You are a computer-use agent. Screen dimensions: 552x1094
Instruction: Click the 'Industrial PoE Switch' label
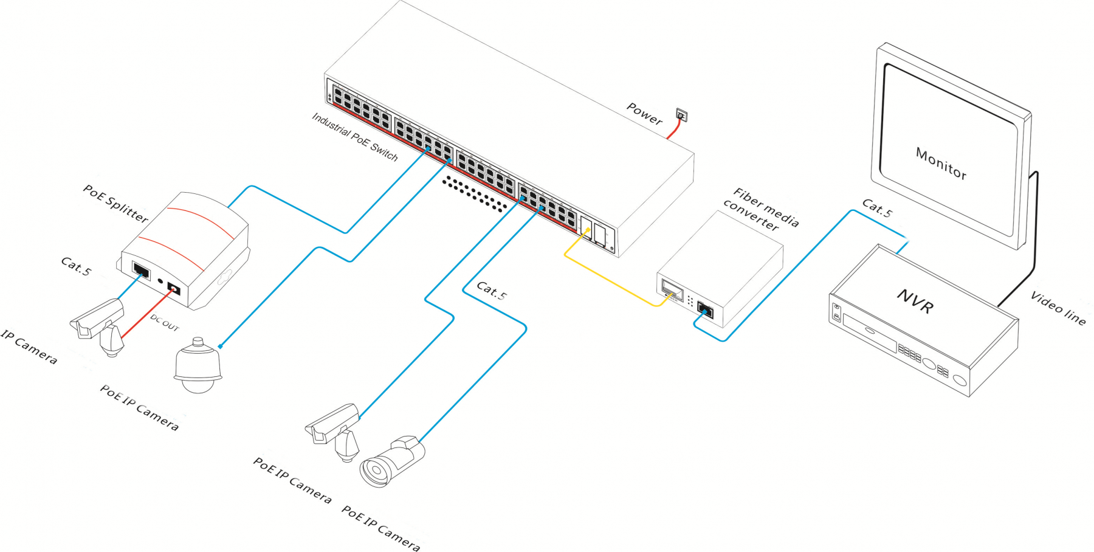354,137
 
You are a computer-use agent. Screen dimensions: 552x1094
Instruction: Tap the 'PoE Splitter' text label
115,203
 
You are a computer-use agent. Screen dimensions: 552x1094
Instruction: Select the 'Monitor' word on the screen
941,164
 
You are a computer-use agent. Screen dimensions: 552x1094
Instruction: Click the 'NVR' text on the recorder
915,300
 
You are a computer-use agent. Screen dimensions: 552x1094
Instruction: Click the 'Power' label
644,114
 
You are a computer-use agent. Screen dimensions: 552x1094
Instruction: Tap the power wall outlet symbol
681,114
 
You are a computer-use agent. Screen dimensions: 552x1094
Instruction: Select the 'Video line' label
1058,308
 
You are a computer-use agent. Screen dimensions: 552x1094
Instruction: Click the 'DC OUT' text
165,322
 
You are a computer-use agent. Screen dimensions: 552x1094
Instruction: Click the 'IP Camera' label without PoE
29,347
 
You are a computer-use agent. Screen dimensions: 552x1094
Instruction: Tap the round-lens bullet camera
392,462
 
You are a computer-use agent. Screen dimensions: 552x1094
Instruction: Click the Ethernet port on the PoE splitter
141,270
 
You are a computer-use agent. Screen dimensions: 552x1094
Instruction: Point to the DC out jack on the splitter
174,289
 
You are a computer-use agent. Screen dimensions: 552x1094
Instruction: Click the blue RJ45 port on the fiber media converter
705,309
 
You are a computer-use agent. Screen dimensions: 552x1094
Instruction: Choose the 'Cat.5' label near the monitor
877,208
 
